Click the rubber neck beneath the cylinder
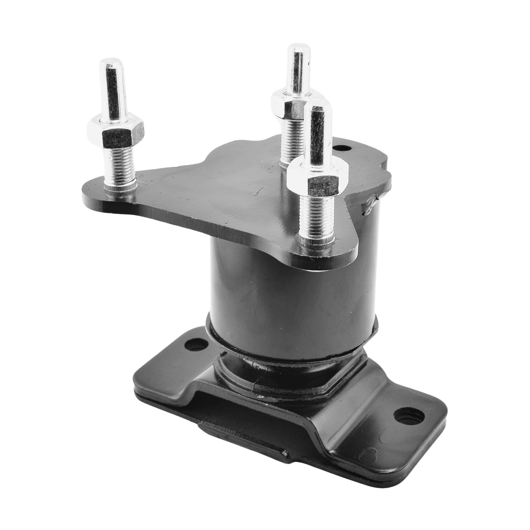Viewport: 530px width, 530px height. point(274,365)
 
